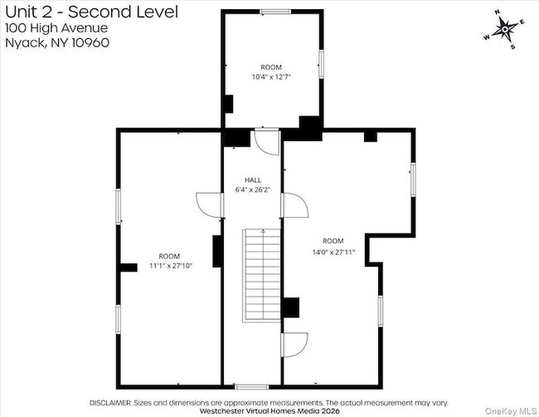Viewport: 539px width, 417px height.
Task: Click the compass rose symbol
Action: pyautogui.click(x=505, y=30)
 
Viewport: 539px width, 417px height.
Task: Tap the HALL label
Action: pyautogui.click(x=253, y=180)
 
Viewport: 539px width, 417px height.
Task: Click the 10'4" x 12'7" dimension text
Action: pyautogui.click(x=271, y=76)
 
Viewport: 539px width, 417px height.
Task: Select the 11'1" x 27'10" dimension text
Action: pyautogui.click(x=171, y=266)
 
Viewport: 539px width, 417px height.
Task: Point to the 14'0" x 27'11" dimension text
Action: pyautogui.click(x=333, y=252)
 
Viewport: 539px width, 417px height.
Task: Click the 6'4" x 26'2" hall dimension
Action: pyautogui.click(x=253, y=189)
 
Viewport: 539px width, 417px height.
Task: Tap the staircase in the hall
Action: pyautogui.click(x=261, y=276)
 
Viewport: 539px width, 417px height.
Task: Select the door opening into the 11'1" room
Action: pyautogui.click(x=210, y=205)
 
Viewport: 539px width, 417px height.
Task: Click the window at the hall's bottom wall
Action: pyautogui.click(x=251, y=387)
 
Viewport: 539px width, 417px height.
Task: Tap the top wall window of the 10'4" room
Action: pyautogui.click(x=275, y=12)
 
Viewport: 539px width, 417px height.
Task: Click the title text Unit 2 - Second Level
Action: pyautogui.click(x=92, y=12)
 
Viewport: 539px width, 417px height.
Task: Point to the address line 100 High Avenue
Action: pyautogui.click(x=56, y=28)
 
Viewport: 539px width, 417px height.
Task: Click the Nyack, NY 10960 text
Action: pyautogui.click(x=57, y=42)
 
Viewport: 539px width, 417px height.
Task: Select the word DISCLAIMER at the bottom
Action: pyautogui.click(x=110, y=403)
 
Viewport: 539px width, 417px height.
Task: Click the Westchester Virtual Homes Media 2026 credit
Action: pyautogui.click(x=269, y=411)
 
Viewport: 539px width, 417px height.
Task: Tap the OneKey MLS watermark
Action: pyautogui.click(x=511, y=411)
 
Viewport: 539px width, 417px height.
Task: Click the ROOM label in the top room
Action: pyautogui.click(x=271, y=67)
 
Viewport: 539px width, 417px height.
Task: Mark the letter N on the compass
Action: pyautogui.click(x=497, y=12)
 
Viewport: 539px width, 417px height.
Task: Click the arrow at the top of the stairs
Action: pyautogui.click(x=264, y=231)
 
